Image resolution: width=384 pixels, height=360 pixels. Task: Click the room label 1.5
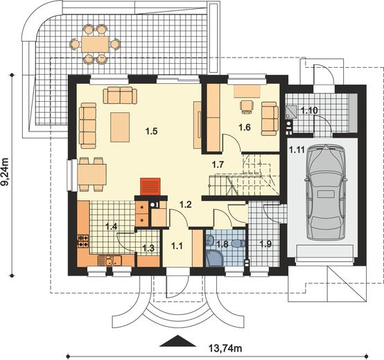(x=151, y=132)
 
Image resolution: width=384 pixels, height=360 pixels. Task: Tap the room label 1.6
(x=245, y=127)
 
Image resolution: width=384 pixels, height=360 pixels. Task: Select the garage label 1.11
(x=297, y=150)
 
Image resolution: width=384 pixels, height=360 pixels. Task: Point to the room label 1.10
(x=309, y=111)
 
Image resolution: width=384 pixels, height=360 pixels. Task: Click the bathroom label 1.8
(x=222, y=244)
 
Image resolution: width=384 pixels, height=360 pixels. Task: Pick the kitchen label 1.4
(x=112, y=226)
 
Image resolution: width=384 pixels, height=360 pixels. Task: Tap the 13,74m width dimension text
(x=225, y=348)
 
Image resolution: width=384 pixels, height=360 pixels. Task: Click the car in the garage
(x=326, y=192)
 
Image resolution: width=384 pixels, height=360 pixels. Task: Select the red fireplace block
(x=150, y=187)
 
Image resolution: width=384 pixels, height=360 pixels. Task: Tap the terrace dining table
(x=95, y=44)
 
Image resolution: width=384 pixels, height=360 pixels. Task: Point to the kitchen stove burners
(x=83, y=241)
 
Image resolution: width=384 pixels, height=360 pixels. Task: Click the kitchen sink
(x=110, y=261)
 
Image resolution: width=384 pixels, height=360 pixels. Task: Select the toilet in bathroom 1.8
(x=238, y=243)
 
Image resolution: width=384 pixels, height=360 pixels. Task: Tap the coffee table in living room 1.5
(x=120, y=127)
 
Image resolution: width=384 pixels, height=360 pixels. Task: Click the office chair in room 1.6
(x=247, y=107)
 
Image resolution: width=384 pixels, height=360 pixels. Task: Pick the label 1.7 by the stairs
(x=218, y=165)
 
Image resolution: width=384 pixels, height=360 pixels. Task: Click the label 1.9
(x=265, y=244)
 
